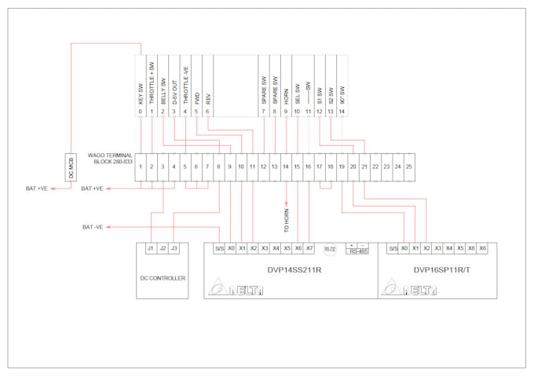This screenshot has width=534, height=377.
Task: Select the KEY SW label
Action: click(x=141, y=95)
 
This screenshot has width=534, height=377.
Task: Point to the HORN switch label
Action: click(x=286, y=95)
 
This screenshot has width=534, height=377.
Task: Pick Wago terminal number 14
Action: click(x=286, y=167)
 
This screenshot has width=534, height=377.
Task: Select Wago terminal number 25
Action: click(x=409, y=167)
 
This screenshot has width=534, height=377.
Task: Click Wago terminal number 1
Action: click(x=141, y=167)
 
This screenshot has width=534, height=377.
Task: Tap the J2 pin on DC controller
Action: click(x=162, y=249)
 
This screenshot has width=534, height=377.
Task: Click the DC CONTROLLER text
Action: click(x=162, y=278)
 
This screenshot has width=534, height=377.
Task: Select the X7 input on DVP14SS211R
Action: click(x=310, y=248)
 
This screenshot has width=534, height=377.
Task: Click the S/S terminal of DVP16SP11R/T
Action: click(x=393, y=248)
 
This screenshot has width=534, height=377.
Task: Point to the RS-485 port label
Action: click(x=357, y=251)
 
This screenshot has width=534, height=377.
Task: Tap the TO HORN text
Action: click(x=287, y=218)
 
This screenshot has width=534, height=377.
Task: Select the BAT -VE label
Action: click(x=93, y=227)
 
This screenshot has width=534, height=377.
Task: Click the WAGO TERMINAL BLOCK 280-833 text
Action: click(x=111, y=159)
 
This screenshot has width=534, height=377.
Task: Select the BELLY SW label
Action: click(x=163, y=92)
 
